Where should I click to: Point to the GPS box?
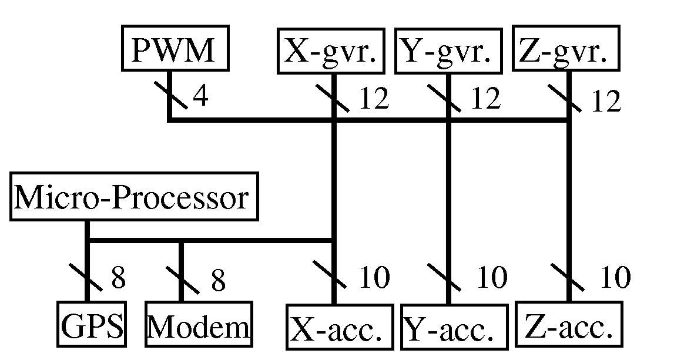point(92,324)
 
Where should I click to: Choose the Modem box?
point(197,325)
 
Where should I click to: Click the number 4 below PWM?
point(200,97)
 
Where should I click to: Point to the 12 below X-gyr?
point(374,99)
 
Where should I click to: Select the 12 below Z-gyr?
point(605,102)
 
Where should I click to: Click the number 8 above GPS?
point(118,278)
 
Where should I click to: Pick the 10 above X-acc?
point(374,278)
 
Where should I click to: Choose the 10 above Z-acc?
point(615,278)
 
